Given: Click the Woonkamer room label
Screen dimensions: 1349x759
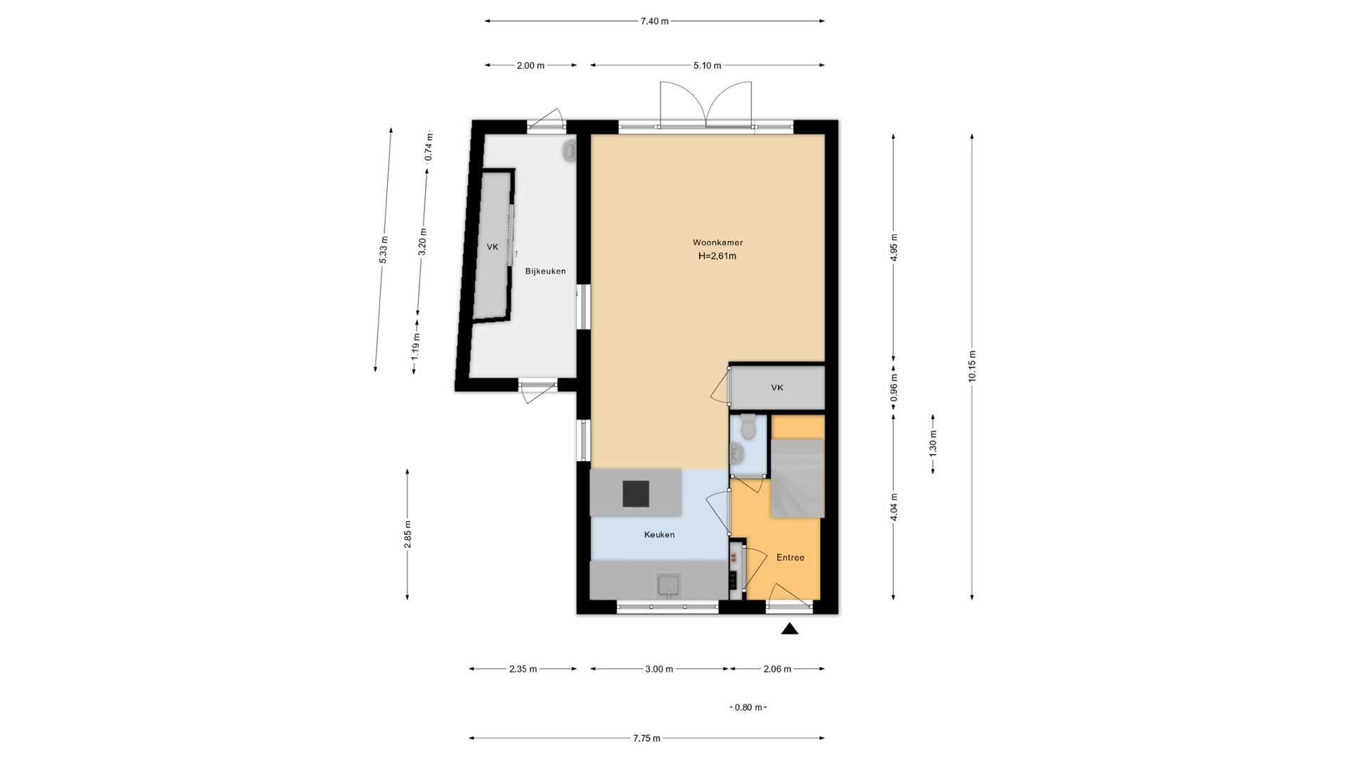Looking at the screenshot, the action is click(x=717, y=242).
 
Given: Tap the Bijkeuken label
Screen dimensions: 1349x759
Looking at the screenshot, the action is click(x=545, y=271).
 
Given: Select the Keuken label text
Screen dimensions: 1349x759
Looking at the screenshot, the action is click(x=659, y=535).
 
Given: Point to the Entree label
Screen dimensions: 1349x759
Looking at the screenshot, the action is click(x=790, y=557).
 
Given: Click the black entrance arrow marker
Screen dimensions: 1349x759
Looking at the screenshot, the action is click(x=790, y=629).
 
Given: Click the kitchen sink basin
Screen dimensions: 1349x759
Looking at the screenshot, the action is click(x=176, y=583).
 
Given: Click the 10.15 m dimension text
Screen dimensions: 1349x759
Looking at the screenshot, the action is click(x=972, y=367).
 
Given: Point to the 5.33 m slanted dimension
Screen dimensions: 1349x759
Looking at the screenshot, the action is click(x=383, y=249).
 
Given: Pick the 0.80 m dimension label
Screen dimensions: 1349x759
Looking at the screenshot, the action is click(x=748, y=708).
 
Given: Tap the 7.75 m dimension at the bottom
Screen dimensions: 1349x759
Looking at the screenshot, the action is click(x=646, y=739).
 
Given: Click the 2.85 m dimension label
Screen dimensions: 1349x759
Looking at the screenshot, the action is click(x=408, y=534).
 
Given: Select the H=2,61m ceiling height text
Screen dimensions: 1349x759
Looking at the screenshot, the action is click(x=717, y=257).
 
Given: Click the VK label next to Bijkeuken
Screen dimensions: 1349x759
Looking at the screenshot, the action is click(x=493, y=247).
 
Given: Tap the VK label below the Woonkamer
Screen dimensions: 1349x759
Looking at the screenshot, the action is click(x=777, y=388).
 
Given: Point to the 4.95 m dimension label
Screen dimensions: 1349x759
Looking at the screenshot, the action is click(x=894, y=248).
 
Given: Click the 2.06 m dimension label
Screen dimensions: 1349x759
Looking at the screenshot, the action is click(x=778, y=669).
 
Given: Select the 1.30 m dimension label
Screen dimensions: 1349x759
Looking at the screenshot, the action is click(x=933, y=443).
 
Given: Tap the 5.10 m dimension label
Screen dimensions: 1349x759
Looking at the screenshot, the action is click(x=707, y=65).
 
